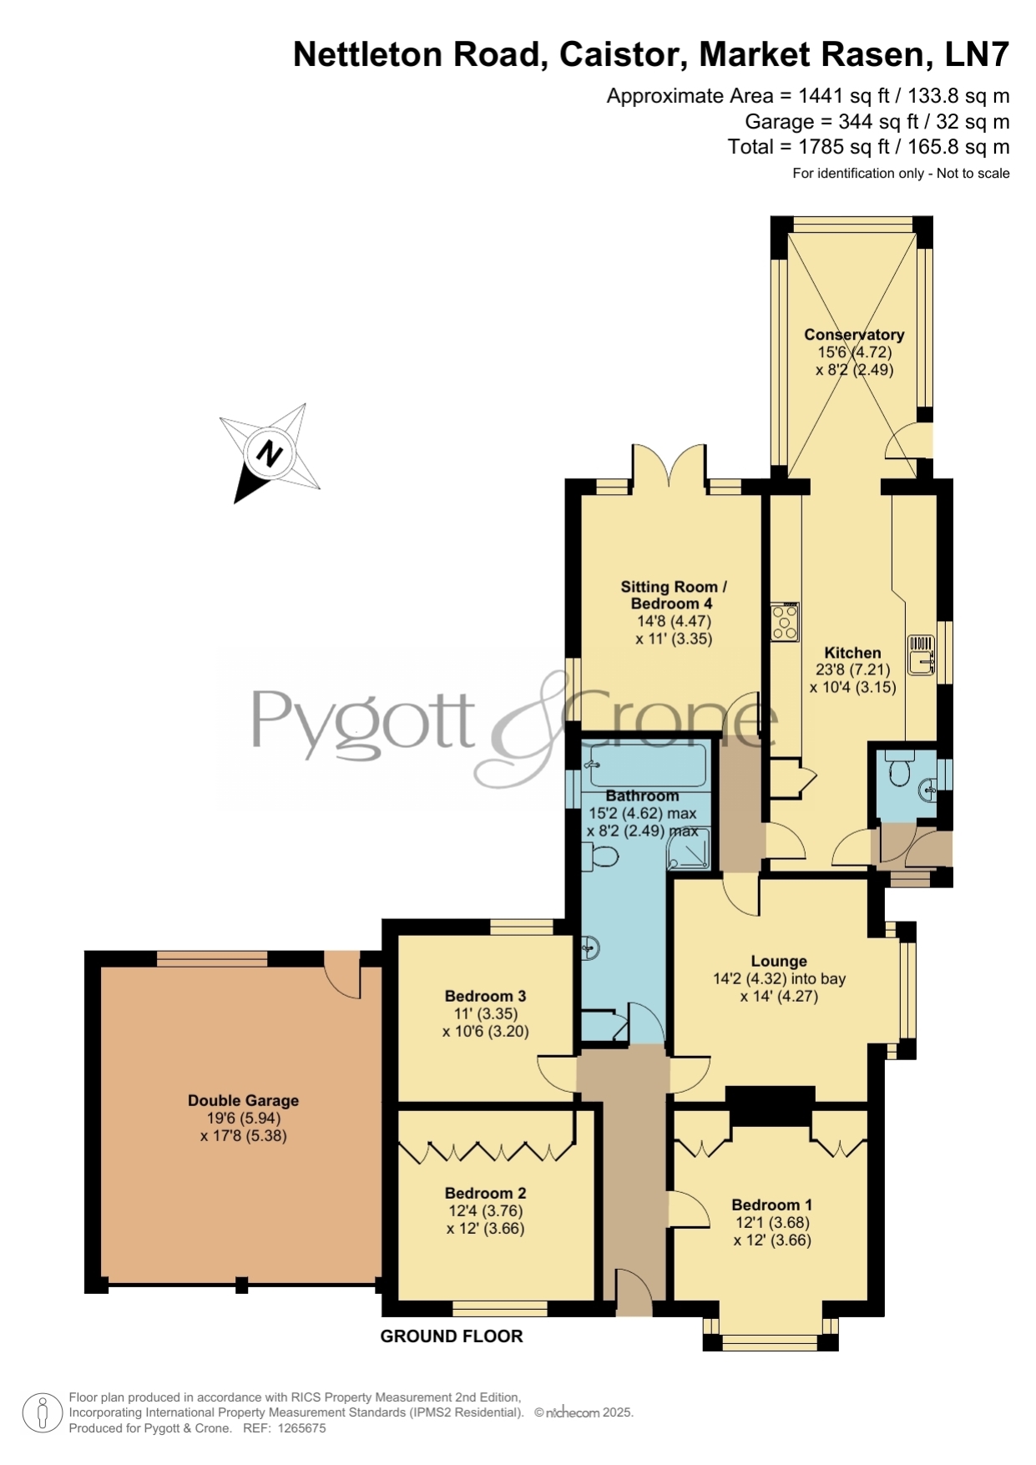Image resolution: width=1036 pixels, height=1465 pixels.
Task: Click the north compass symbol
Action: (270, 453)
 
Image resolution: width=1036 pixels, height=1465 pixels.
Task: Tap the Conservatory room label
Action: (854, 335)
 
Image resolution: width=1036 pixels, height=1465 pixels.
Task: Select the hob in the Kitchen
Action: (785, 622)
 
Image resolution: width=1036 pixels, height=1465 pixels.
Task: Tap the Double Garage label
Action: (243, 1101)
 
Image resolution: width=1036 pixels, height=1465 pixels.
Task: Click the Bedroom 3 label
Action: (485, 996)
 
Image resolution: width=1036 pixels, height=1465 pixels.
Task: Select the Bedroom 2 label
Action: (485, 1193)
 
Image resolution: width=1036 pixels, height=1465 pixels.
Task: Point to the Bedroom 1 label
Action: (771, 1205)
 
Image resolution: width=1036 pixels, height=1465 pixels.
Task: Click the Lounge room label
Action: (779, 962)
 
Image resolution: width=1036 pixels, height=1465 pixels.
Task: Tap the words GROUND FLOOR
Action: (452, 1336)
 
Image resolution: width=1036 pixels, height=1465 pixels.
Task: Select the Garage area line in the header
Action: (877, 122)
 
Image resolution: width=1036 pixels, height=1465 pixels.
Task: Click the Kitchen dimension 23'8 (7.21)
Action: (852, 669)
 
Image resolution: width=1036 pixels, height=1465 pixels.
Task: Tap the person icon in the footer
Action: (42, 1414)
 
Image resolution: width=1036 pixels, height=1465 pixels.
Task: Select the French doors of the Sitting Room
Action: (670, 465)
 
